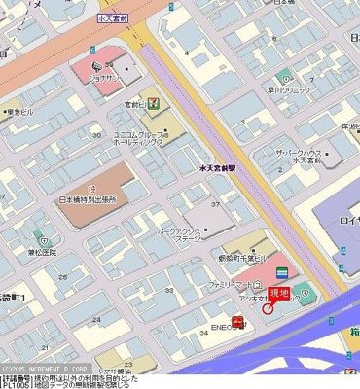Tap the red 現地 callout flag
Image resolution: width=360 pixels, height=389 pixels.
pyautogui.click(x=279, y=292)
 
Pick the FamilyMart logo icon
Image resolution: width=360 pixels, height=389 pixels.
pyautogui.click(x=279, y=269)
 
